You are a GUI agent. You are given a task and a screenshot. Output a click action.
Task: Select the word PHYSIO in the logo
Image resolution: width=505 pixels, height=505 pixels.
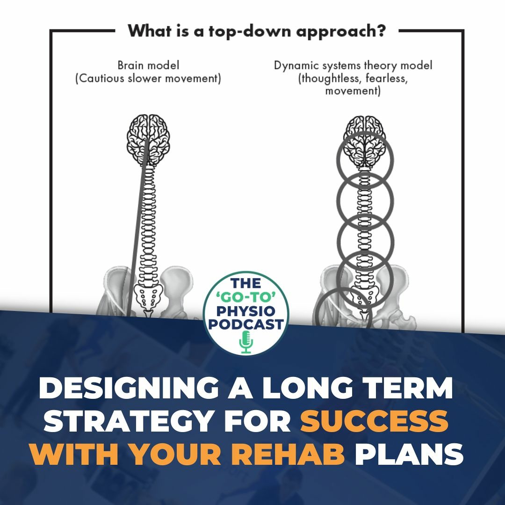click(x=247, y=310)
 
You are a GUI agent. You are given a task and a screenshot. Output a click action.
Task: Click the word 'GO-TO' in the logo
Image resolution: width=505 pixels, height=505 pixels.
click(x=247, y=297)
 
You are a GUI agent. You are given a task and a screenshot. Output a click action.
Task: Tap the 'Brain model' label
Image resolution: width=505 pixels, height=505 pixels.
click(x=148, y=65)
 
